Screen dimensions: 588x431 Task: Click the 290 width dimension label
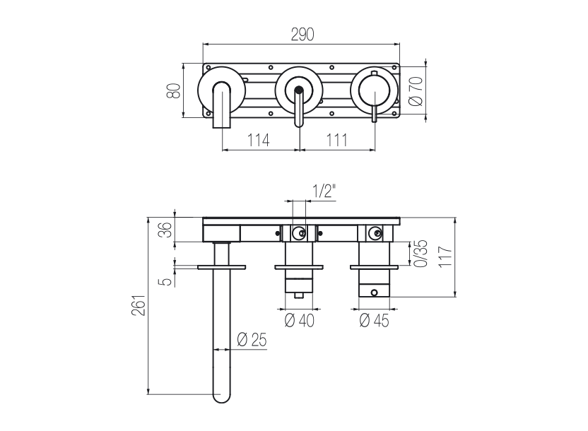pos(302,35)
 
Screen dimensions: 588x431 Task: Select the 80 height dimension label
pos(174,90)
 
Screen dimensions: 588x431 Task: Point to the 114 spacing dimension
pos(259,140)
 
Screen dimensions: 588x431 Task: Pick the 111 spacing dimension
pos(336,140)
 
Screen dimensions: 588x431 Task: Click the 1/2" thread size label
pos(324,191)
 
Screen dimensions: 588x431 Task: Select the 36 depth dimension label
pos(165,230)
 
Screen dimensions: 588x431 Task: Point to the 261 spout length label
pos(139,305)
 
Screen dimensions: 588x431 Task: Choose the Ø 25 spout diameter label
pos(252,340)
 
